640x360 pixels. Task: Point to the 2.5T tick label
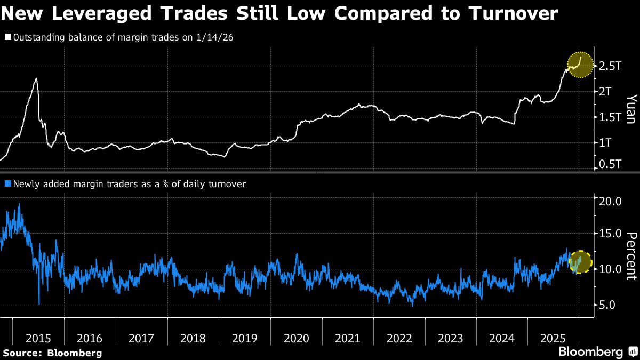click(x=610, y=66)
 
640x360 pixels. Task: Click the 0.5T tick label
click(x=610, y=165)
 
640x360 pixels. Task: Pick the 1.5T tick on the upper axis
click(x=610, y=117)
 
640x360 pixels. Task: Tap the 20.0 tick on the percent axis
click(x=610, y=202)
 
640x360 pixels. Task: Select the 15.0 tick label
click(x=610, y=234)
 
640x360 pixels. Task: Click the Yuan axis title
click(x=630, y=109)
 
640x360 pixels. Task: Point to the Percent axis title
click(x=630, y=256)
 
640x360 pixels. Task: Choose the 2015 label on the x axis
click(x=38, y=338)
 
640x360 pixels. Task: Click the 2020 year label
click(x=296, y=338)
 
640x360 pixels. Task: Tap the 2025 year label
click(x=553, y=338)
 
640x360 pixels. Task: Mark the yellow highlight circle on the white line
click(x=580, y=65)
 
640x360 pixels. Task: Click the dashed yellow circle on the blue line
click(x=580, y=261)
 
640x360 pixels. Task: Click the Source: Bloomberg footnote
click(x=52, y=353)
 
